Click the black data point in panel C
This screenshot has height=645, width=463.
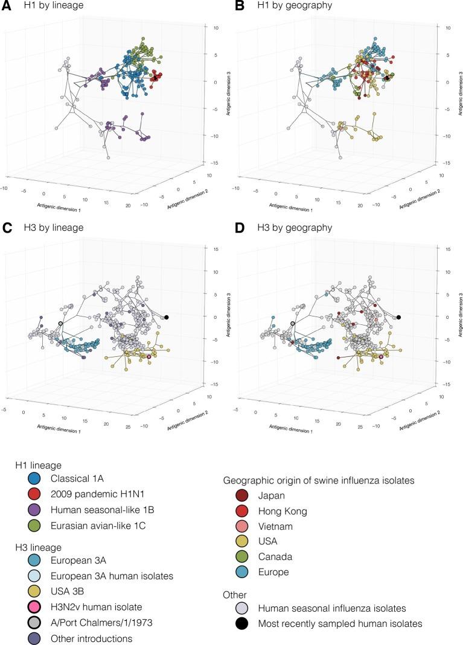[167, 317]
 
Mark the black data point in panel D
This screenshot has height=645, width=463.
[398, 317]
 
